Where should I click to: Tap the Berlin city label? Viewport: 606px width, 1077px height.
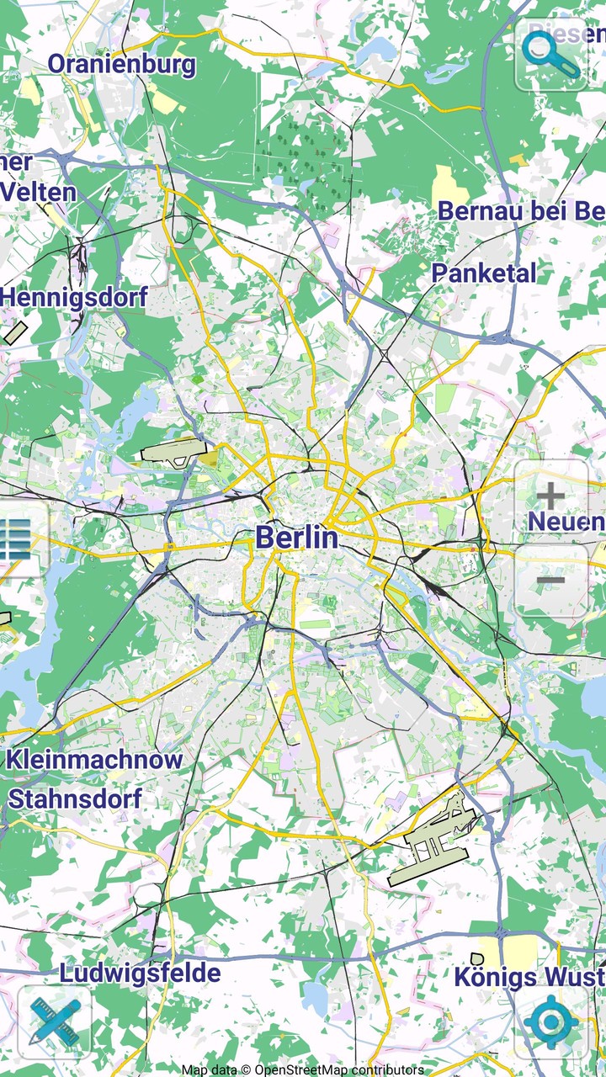(296, 537)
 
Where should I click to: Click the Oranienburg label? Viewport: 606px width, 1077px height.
(121, 65)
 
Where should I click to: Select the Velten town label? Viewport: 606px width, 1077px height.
(38, 192)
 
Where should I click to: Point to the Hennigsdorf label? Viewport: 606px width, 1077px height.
(74, 297)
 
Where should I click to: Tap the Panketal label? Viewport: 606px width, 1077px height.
(483, 273)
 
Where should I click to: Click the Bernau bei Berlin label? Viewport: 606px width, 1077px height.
(520, 211)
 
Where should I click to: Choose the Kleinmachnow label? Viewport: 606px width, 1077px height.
(94, 760)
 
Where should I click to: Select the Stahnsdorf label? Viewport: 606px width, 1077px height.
(75, 798)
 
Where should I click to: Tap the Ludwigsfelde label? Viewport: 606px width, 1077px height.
(140, 974)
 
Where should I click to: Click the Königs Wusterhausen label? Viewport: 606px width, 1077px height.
(529, 978)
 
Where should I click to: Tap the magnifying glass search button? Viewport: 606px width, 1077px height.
(551, 54)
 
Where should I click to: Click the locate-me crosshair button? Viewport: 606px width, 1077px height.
(551, 1022)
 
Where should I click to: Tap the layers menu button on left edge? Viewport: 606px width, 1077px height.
(17, 539)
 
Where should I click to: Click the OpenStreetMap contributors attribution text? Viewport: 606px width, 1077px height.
(303, 1069)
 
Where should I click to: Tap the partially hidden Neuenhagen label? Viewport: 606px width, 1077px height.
(566, 522)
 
